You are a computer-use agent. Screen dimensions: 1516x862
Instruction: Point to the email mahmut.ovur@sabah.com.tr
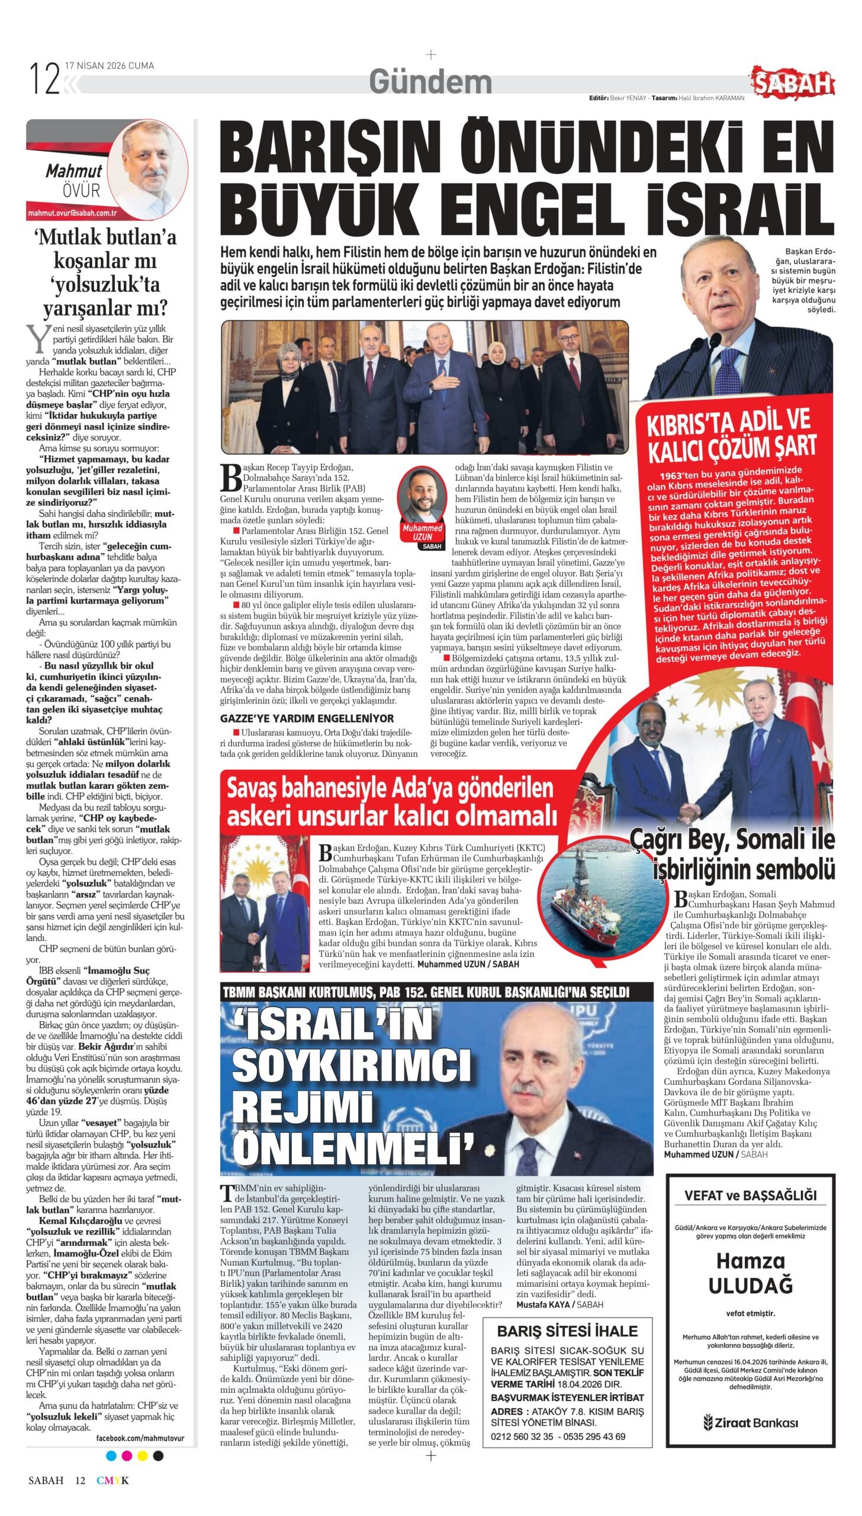pos(72,213)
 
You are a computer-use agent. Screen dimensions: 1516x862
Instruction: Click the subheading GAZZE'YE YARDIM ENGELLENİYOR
pos(307,718)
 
